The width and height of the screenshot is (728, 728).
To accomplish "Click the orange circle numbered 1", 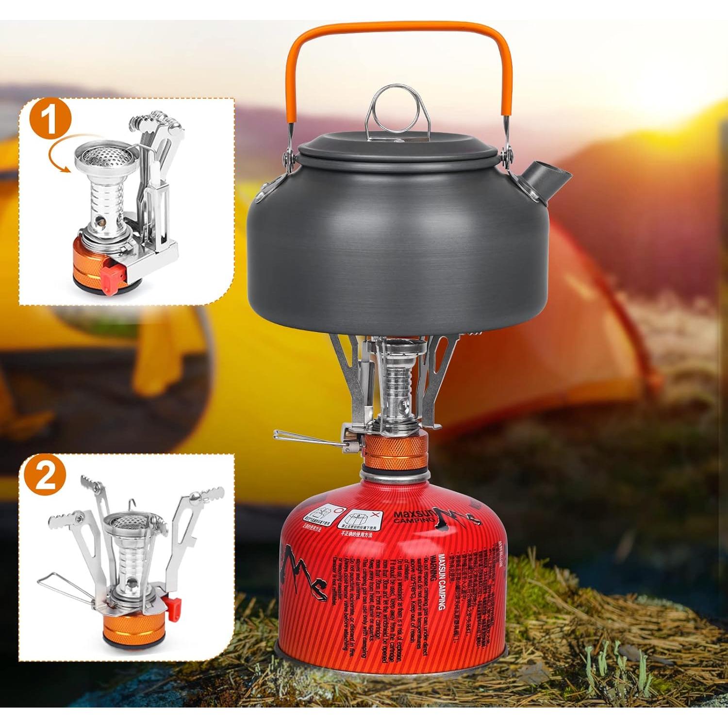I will (x=51, y=118).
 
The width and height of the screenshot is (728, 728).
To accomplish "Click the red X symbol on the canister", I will (x=374, y=513).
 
